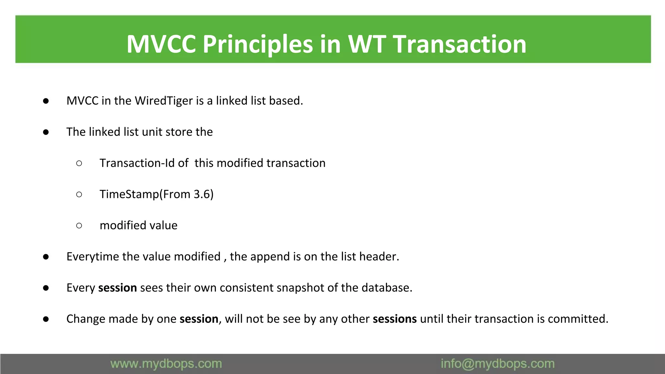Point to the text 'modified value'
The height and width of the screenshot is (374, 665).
coord(139,225)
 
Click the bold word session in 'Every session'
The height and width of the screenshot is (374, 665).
coord(118,288)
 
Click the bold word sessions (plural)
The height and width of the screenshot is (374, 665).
coord(395,319)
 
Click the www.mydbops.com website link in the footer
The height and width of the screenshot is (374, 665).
coord(166,364)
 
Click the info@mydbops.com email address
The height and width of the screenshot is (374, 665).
coord(497,364)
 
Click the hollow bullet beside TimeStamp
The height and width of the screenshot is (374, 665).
coord(79,194)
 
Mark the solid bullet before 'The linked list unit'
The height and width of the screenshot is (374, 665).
coord(46,132)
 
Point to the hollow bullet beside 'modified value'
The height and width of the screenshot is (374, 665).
coord(79,226)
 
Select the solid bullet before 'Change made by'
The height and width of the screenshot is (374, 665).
coord(46,319)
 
